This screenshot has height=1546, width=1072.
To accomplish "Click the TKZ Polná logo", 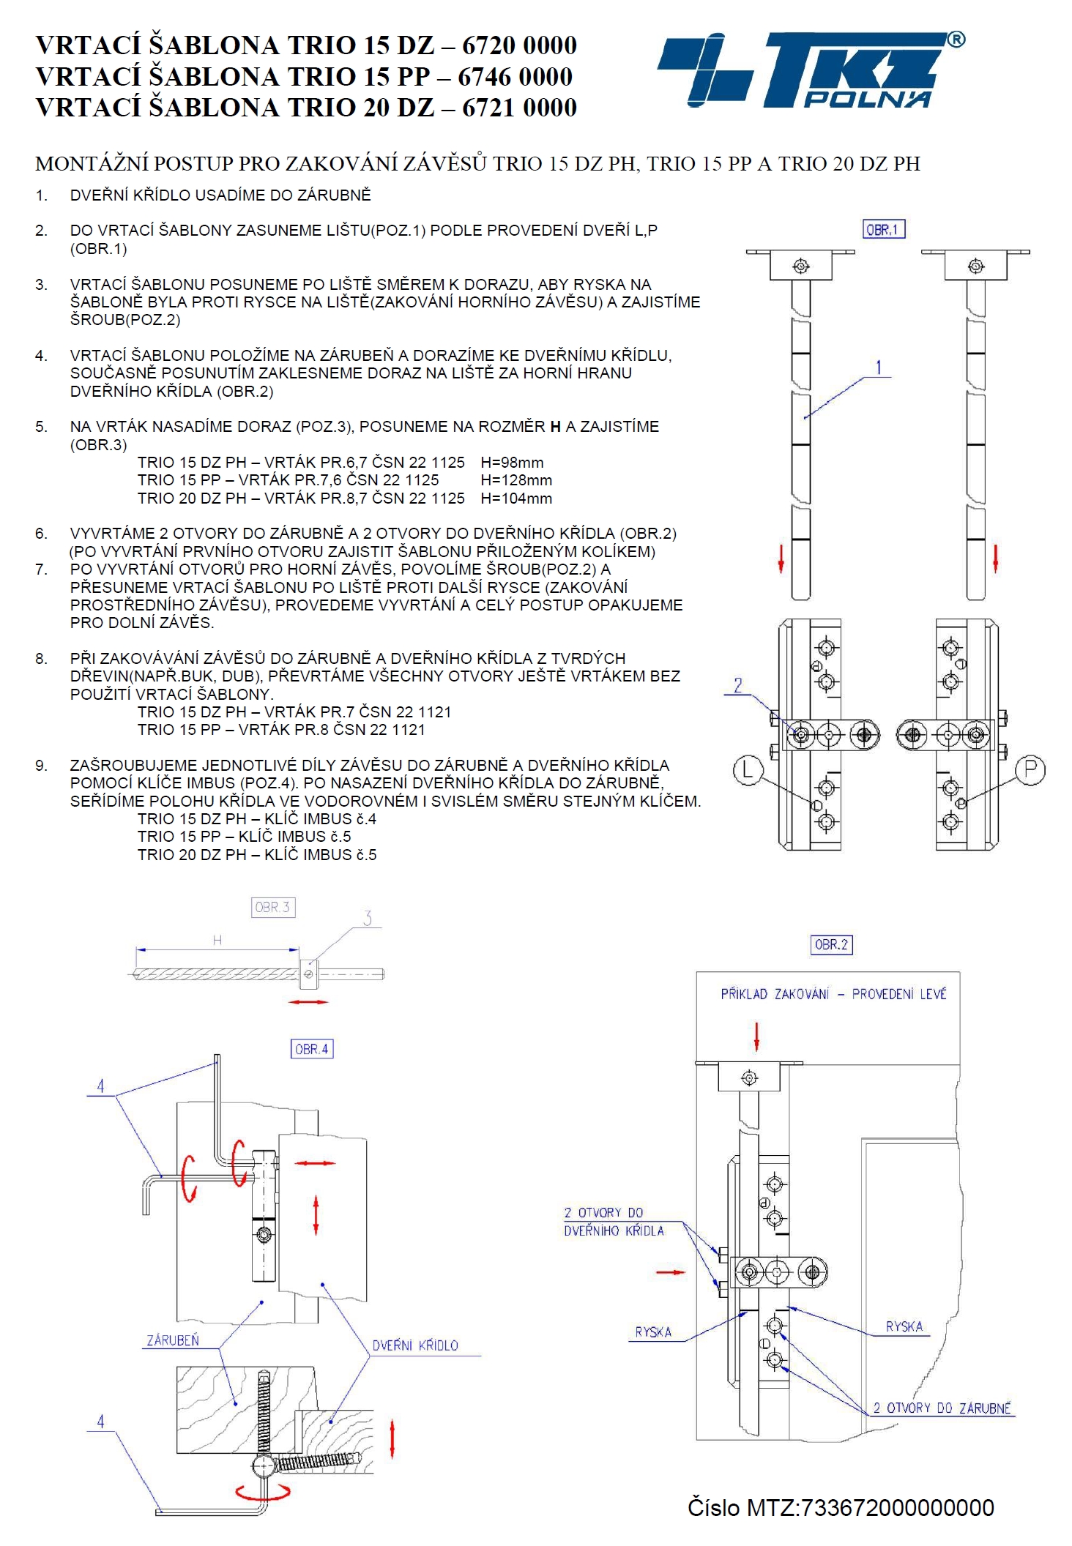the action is coord(811,69).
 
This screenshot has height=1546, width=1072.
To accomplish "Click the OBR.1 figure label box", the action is coord(884,230).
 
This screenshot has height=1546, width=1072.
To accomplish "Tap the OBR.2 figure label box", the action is coord(831,944).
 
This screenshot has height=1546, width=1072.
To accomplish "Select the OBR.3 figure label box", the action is coord(273,908).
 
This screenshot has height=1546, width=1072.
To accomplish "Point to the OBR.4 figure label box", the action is coord(312,1049).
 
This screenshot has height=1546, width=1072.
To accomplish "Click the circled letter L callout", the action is coord(748,771).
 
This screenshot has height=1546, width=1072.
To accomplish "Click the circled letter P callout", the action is coord(1030,771).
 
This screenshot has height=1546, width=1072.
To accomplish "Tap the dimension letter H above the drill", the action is coord(217,940).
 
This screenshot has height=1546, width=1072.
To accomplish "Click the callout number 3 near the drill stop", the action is coord(368,918).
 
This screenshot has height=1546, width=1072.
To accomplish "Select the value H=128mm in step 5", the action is coord(516,480).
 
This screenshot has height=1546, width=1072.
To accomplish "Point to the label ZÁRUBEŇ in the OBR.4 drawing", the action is coord(173,1340).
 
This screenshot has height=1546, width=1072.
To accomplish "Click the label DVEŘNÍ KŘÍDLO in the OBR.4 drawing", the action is coord(415,1345).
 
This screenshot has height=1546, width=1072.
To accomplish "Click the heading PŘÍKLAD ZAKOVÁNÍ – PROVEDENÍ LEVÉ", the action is coord(833,993).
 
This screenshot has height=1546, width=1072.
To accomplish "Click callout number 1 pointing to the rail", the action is coord(879,367).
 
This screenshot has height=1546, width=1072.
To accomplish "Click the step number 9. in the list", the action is coord(41,766).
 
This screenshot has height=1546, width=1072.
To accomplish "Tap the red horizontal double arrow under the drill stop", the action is coord(308,1001).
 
